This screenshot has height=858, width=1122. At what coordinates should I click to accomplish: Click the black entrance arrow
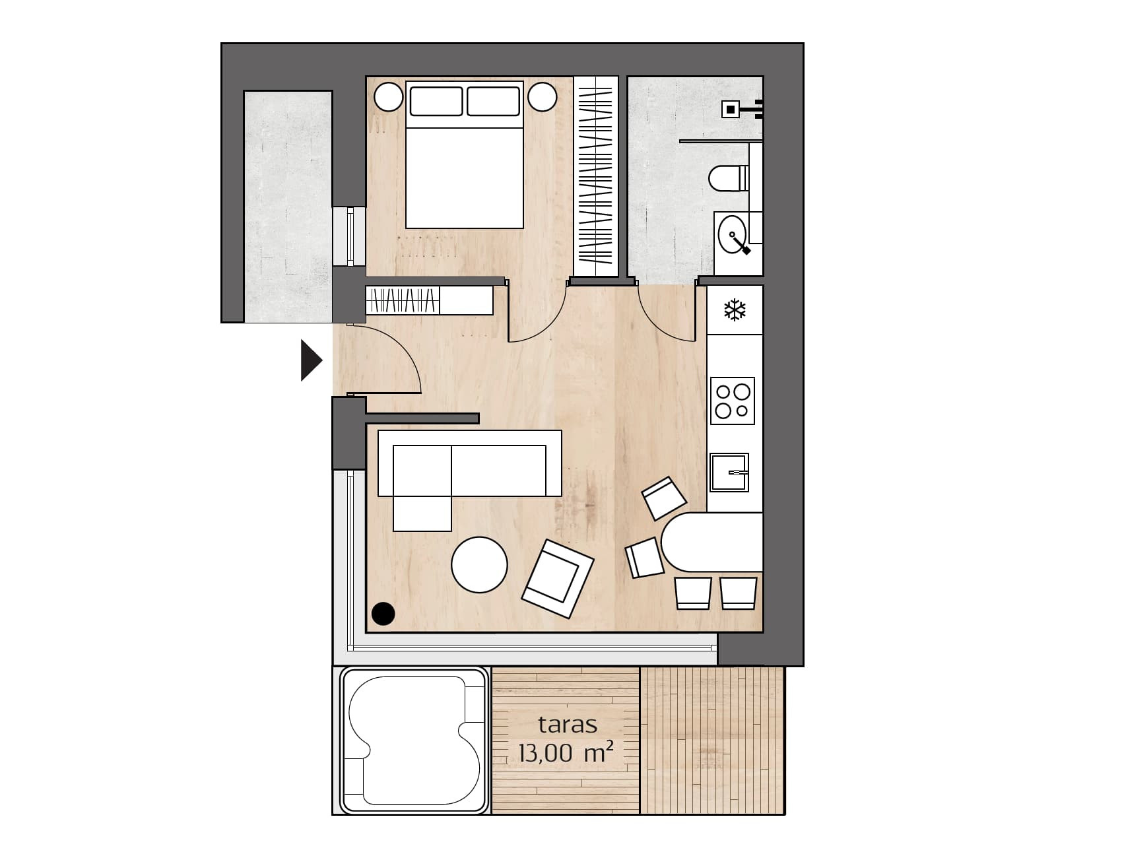click(310, 360)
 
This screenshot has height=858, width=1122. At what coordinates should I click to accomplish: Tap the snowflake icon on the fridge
click(735, 310)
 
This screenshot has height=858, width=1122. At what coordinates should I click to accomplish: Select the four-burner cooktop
click(733, 401)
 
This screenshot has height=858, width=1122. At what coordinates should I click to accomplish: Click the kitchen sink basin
click(729, 473)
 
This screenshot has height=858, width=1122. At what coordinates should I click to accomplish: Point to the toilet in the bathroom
click(729, 178)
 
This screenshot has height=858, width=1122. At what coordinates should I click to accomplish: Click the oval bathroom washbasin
click(732, 234)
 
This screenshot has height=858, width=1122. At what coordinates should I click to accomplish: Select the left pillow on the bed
click(436, 101)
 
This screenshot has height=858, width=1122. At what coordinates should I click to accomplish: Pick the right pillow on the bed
click(493, 101)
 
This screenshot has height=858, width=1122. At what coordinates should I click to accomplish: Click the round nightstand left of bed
click(389, 97)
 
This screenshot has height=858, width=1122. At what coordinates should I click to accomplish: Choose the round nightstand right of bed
click(543, 97)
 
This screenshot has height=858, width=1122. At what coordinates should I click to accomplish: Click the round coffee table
click(480, 565)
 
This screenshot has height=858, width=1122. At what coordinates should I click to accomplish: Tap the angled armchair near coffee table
click(558, 579)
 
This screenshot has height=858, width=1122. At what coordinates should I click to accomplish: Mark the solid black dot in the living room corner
click(383, 614)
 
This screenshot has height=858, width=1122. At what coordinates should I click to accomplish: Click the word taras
click(568, 725)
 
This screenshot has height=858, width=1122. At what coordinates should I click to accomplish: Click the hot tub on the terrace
click(414, 741)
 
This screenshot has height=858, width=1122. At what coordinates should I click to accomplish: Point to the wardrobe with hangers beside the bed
click(596, 176)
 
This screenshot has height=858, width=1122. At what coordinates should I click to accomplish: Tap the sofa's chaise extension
click(422, 488)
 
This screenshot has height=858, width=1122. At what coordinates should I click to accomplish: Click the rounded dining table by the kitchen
click(712, 542)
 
